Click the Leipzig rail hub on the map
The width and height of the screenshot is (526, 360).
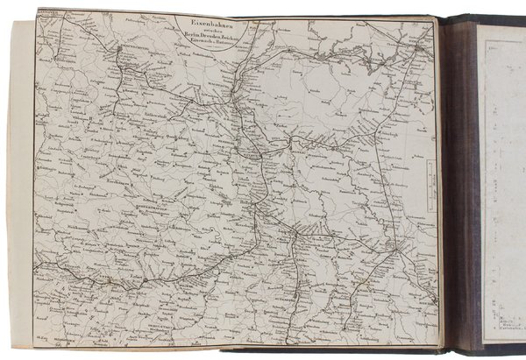tap(298, 235)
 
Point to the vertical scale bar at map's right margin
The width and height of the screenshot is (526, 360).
tap(430, 184)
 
